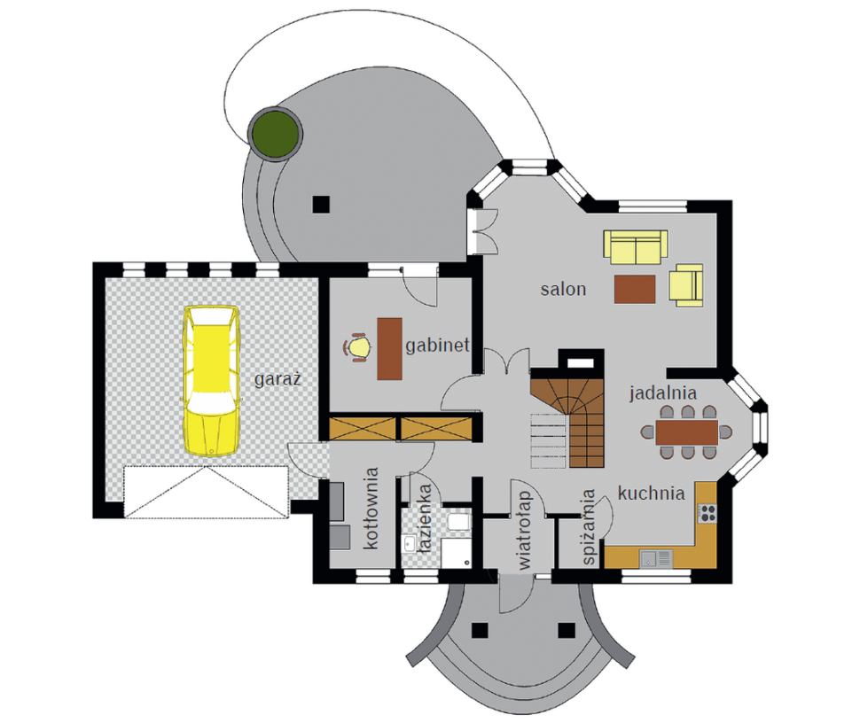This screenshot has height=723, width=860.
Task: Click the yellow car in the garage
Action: point(212,381)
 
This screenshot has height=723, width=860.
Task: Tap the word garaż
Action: point(278,378)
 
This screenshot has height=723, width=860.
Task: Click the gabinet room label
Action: point(437,346)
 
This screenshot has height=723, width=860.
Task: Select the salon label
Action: point(563,289)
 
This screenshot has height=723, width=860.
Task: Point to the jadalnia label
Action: point(663,393)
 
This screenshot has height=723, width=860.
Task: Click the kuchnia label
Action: point(651,494)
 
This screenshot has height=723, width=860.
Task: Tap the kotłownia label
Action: point(371,508)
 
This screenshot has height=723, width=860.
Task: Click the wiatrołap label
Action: point(524,530)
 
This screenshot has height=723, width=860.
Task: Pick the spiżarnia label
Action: point(588,527)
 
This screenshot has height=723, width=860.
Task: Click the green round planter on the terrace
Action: point(275,135)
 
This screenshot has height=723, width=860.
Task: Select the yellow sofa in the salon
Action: point(636,247)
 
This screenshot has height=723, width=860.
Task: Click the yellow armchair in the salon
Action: point(685,285)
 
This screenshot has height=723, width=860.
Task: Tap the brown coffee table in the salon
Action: point(635,289)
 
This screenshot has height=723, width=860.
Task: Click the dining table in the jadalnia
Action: point(687,431)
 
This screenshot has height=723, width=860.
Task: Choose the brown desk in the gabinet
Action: point(389,348)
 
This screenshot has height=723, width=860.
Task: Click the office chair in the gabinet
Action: point(356,347)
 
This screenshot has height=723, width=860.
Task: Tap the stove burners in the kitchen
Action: point(707,512)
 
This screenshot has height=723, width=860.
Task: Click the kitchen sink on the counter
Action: point(656,558)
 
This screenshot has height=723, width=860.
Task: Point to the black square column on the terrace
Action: point(321,205)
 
